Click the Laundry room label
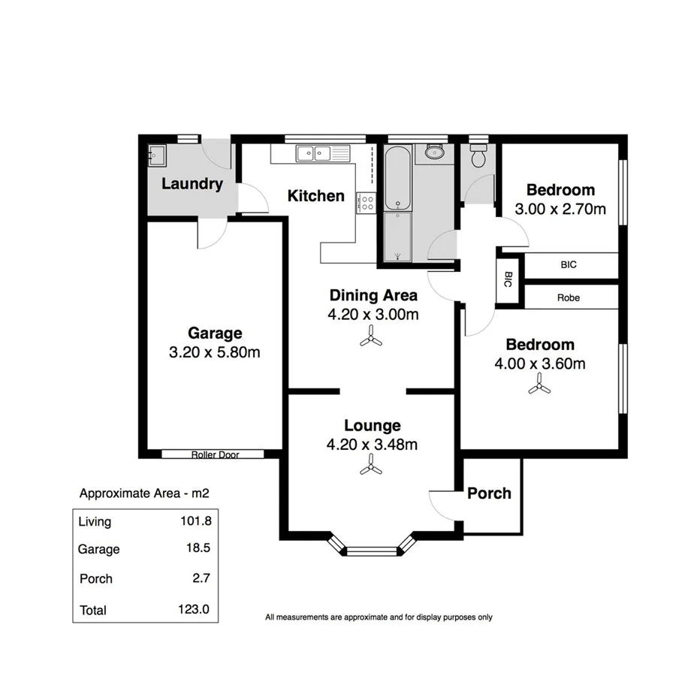pos(192,184)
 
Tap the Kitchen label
pos(316,196)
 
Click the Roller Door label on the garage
pos(215,454)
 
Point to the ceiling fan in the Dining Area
pos(371,339)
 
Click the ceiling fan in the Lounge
pos(371,469)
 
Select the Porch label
pos(489,493)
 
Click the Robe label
pos(569,297)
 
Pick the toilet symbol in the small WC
pos(478,158)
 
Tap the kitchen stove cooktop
pos(366,202)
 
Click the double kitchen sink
pos(315,154)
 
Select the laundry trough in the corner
pos(156,154)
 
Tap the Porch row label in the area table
pos(96,579)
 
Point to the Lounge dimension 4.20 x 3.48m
pos(372,445)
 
